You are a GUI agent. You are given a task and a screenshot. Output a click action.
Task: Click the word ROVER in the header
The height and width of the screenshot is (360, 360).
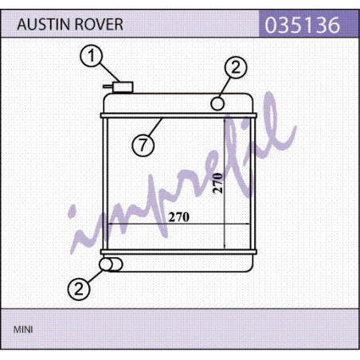click(x=99, y=25)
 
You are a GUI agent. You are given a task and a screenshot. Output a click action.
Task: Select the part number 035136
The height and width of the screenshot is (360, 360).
click(x=303, y=25)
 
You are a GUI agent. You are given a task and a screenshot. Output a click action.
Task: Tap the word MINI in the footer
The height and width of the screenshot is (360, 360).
click(x=23, y=330)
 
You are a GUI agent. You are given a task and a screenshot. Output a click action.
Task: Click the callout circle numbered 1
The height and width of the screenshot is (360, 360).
click(x=91, y=56)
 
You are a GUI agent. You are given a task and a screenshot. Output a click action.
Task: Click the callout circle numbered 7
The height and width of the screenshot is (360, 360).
click(x=143, y=145)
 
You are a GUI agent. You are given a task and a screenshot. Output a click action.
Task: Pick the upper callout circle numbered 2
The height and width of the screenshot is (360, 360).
click(x=236, y=67)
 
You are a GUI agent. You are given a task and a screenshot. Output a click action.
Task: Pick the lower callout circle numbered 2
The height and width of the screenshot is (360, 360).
click(x=79, y=289)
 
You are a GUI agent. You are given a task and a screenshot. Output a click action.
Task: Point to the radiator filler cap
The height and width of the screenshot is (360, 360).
click(x=123, y=87)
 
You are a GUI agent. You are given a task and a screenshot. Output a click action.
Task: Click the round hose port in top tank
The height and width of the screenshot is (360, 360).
click(x=217, y=104)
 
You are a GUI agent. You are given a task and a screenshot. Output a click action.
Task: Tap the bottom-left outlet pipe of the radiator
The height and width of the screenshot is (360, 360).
click(x=111, y=264)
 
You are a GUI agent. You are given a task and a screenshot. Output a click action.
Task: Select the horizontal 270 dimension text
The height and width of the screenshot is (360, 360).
click(x=179, y=217)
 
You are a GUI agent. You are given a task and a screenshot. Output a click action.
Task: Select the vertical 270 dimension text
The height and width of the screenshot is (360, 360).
click(x=218, y=183)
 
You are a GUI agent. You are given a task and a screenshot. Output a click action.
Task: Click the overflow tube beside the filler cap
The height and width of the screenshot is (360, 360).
click(x=108, y=86)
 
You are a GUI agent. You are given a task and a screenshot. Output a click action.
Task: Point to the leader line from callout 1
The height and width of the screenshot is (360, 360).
click(x=110, y=72)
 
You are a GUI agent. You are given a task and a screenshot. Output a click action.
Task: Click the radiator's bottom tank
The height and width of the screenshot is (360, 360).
click(x=181, y=263)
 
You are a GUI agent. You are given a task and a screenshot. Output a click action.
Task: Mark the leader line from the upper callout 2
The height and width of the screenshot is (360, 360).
click(x=224, y=88)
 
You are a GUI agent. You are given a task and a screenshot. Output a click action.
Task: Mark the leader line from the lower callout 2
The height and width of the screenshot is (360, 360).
click(x=96, y=276)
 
